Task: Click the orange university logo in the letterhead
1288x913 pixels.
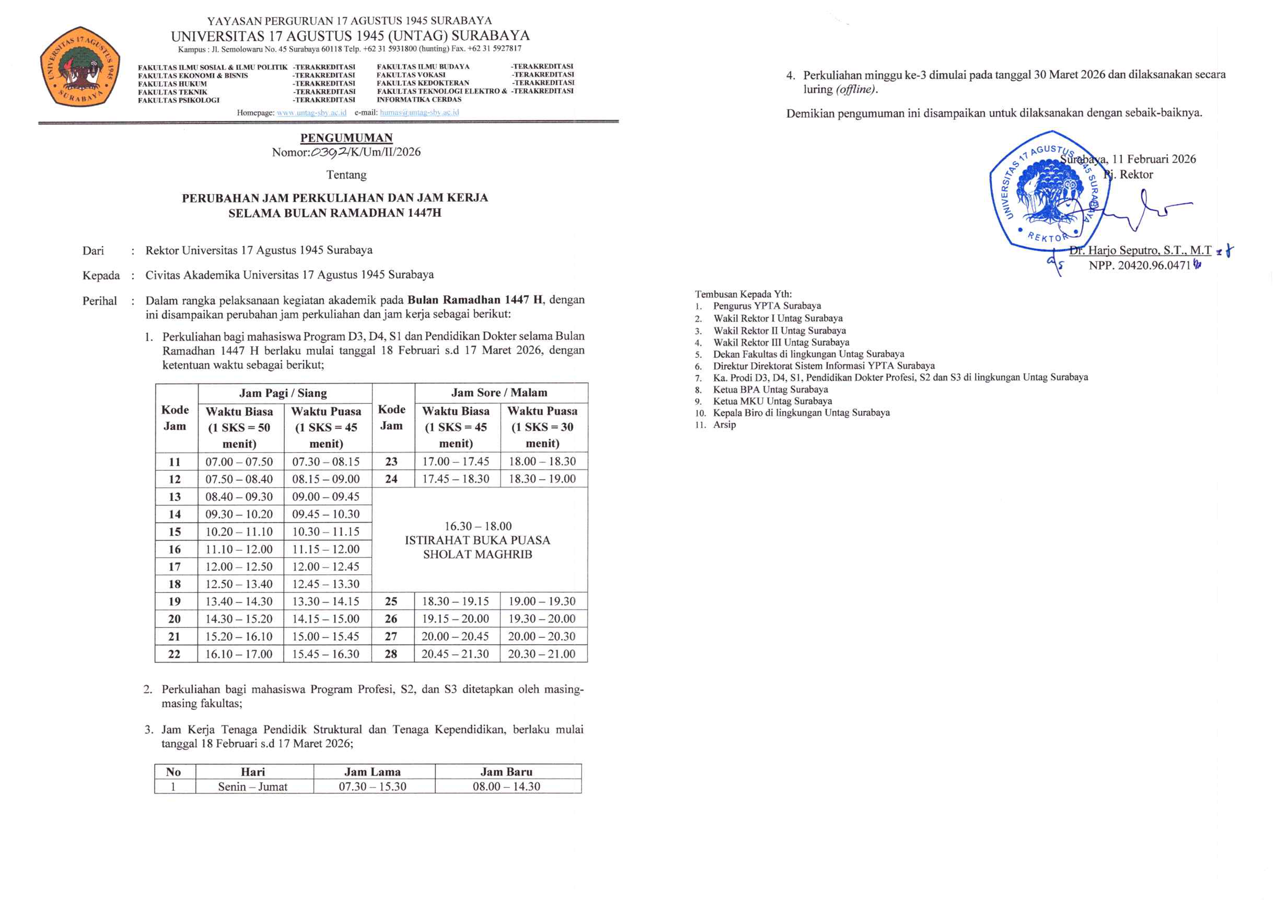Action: (80, 67)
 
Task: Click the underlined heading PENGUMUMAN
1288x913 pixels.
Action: (346, 138)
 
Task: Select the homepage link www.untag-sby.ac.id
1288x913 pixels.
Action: (311, 112)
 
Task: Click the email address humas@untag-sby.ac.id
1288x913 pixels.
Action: (419, 112)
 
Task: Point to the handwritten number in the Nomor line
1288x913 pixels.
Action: (329, 152)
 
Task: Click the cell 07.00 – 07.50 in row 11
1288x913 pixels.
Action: (239, 461)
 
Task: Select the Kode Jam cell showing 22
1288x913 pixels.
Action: (174, 654)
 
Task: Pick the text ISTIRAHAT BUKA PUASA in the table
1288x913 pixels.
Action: (477, 540)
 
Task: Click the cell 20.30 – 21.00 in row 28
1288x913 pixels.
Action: (542, 654)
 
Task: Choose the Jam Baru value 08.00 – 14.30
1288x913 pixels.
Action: (506, 787)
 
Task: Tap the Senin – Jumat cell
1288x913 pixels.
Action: (252, 787)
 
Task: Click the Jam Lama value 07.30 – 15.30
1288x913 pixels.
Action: (372, 787)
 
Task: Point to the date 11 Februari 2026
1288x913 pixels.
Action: (1154, 159)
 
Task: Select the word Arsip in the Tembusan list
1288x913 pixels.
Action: (724, 424)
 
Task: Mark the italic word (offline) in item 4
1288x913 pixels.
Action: (856, 89)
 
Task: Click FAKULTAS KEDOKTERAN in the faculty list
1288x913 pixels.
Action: (423, 83)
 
